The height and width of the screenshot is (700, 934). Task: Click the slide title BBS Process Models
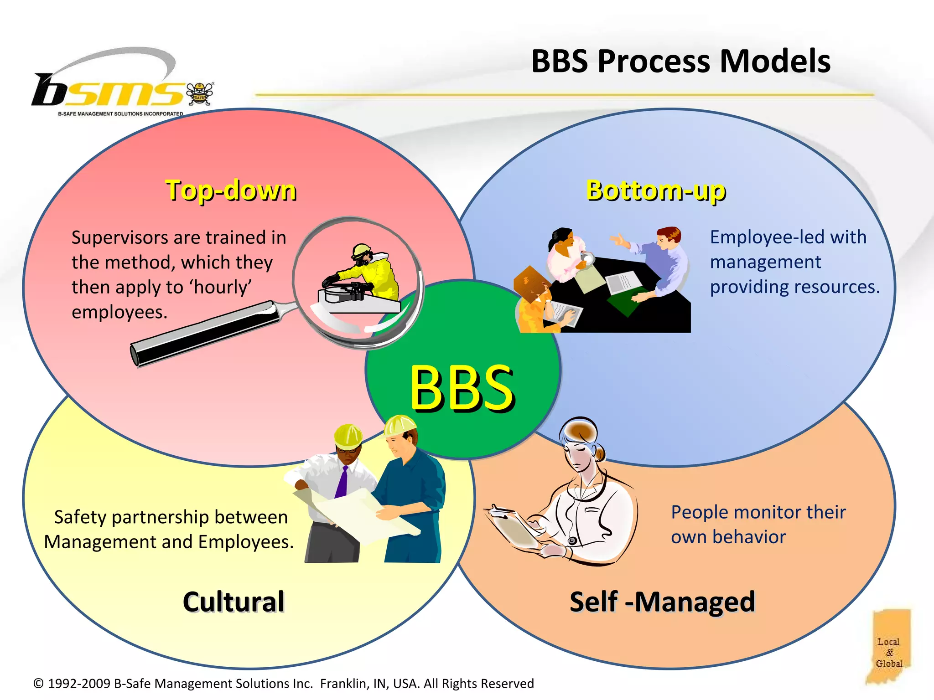680,61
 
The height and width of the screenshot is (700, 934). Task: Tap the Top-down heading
231,190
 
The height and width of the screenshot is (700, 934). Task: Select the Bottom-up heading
655,190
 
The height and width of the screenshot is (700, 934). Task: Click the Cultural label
233,602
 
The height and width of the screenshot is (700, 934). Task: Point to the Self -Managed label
662,602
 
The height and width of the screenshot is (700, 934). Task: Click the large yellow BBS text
462,388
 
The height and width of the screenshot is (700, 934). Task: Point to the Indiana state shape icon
889,647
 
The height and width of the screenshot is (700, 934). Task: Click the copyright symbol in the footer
39,684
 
